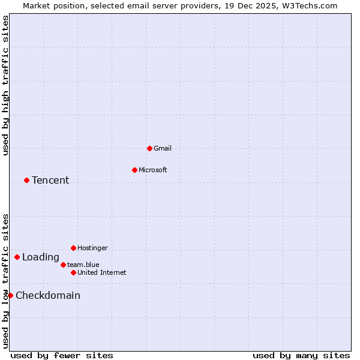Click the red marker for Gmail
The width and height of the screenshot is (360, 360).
(x=149, y=148)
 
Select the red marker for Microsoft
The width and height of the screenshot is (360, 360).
(x=134, y=170)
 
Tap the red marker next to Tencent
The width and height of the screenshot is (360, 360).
(x=26, y=180)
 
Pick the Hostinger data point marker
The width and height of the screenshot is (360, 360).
(x=73, y=248)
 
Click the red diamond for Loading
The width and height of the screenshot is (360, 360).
(x=17, y=257)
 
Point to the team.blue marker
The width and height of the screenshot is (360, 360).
(x=63, y=265)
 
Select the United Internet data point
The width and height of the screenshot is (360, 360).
(x=73, y=272)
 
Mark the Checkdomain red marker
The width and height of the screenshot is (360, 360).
(x=10, y=295)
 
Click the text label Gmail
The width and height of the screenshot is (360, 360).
(x=163, y=148)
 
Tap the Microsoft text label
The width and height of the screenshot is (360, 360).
(x=153, y=170)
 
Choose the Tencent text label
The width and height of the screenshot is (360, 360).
(x=50, y=180)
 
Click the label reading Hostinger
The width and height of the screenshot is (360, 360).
(x=92, y=248)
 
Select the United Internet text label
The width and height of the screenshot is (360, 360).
(x=102, y=272)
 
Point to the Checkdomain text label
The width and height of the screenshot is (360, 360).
(x=48, y=295)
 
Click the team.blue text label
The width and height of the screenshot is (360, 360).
(x=83, y=265)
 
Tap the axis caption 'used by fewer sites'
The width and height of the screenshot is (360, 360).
(x=62, y=355)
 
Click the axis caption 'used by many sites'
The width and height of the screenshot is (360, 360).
(x=301, y=355)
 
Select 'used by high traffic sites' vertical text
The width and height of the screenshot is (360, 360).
(x=5, y=86)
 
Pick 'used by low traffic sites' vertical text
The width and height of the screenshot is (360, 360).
(x=5, y=281)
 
